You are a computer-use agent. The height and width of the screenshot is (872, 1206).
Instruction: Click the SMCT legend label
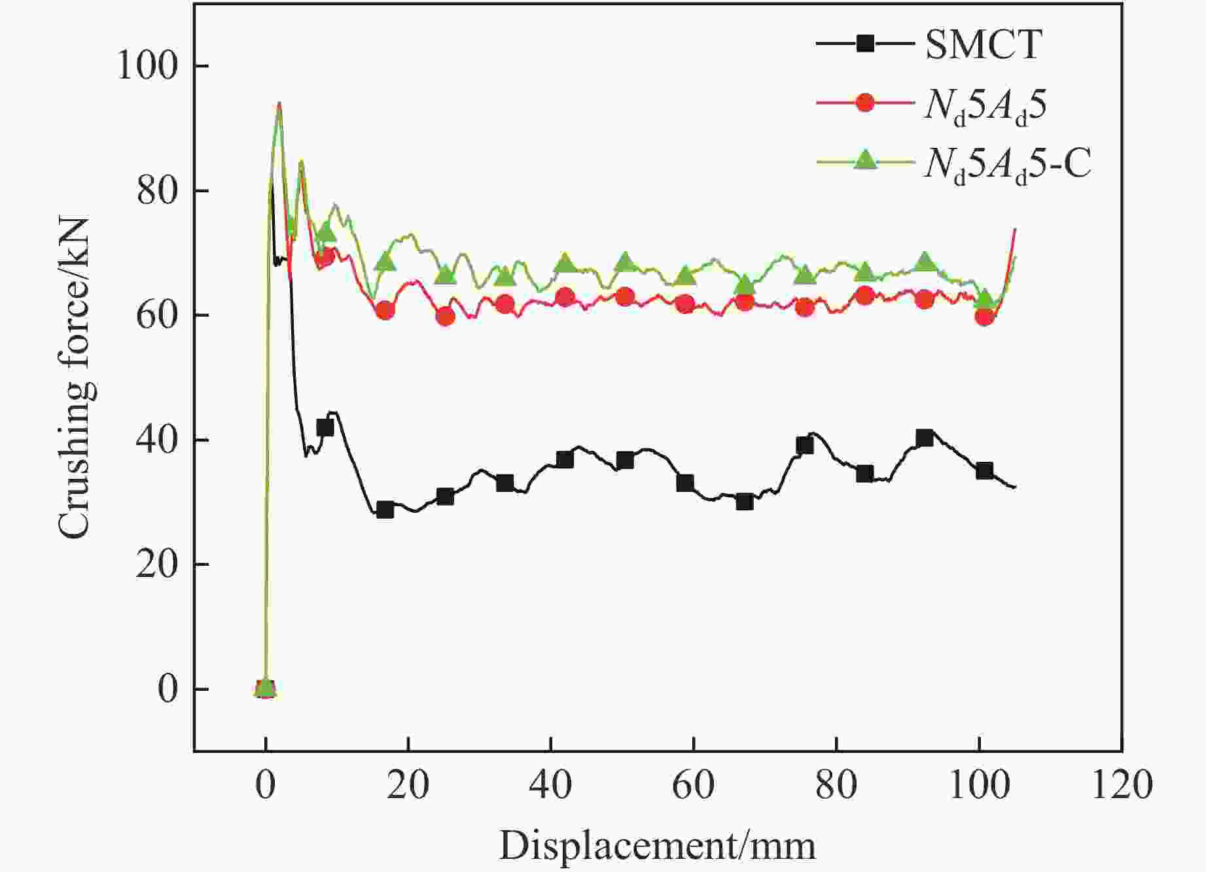tap(983, 44)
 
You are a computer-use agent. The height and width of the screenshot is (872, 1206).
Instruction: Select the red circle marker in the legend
tap(865, 103)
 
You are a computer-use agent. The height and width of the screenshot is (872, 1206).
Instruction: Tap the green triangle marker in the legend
tap(865, 160)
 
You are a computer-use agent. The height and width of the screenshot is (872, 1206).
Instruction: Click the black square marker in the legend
tap(865, 44)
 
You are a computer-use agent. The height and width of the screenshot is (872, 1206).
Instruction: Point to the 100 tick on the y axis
tap(148, 66)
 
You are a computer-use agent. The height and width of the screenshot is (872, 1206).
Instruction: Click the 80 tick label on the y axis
tap(157, 191)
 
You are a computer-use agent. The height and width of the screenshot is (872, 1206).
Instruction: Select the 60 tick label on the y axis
tap(157, 315)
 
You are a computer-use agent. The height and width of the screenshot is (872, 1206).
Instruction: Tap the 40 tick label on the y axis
tap(157, 440)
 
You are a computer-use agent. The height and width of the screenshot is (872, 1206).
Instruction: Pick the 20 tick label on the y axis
tap(157, 565)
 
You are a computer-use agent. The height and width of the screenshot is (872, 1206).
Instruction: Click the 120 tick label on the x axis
tap(1122, 784)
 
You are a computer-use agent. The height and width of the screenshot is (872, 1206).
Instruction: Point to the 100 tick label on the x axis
tap(979, 784)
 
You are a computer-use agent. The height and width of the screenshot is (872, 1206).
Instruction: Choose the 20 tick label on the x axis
tap(408, 784)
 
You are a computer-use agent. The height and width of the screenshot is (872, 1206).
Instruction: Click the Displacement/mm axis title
tap(658, 846)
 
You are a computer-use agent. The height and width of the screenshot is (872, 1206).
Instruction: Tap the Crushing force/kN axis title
tap(73, 378)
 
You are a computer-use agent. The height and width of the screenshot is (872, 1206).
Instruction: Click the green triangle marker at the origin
tap(265, 688)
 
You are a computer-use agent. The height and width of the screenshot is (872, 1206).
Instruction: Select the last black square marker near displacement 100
tap(984, 471)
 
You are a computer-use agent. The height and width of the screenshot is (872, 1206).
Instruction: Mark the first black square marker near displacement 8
tap(325, 428)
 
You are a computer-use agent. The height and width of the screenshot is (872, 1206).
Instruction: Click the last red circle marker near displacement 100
tap(984, 317)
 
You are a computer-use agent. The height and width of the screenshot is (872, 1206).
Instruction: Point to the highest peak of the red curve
tap(279, 103)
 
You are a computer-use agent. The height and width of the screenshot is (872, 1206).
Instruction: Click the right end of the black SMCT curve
tap(1014, 487)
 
